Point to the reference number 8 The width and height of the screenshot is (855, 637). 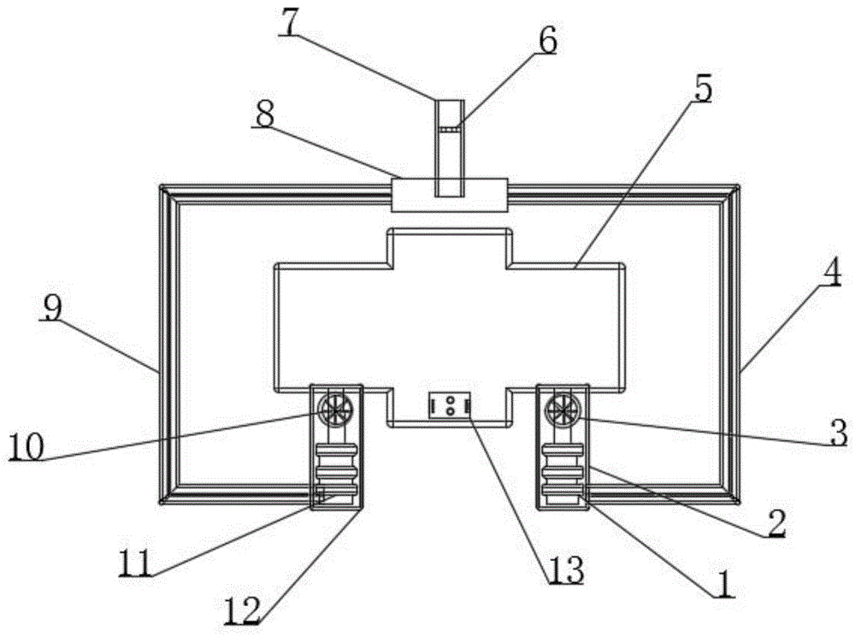point(265,115)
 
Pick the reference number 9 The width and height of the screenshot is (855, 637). point(52,309)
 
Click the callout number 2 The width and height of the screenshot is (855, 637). point(775,524)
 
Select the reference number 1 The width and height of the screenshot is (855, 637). point(723,584)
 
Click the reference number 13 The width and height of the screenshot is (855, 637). point(567,569)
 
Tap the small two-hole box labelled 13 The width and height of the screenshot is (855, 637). point(450,404)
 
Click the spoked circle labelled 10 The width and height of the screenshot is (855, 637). point(333,410)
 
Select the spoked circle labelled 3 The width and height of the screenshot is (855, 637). point(560,411)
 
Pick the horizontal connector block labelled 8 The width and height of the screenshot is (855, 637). point(450,195)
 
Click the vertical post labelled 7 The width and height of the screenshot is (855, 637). point(450,145)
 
